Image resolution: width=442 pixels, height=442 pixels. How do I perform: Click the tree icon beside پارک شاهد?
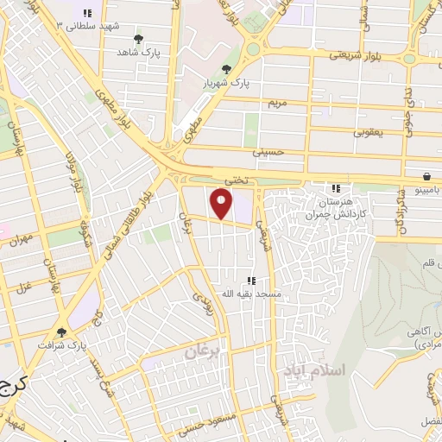pos(139,39)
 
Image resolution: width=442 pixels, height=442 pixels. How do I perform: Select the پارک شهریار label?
pos(226,83)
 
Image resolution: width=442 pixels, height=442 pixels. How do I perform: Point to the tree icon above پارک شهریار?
pos(226,70)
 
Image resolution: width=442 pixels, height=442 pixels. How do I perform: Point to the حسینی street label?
pos(268,151)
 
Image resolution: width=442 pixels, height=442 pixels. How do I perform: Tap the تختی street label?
pos(236,179)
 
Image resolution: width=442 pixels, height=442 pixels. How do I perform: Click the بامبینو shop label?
pos(426,188)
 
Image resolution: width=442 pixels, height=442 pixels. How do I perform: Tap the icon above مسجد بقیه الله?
pos(251,281)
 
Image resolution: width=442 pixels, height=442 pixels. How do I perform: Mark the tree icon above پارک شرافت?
pos(60,331)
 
